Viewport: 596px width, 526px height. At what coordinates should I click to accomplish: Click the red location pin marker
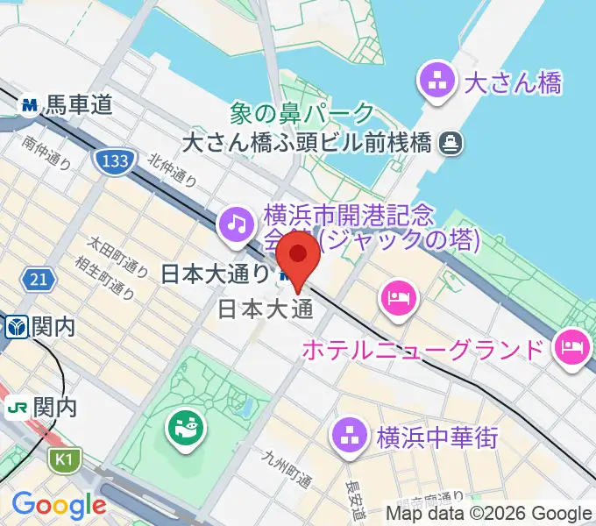(x=299, y=258)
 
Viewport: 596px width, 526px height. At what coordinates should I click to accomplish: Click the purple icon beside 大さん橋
(x=436, y=84)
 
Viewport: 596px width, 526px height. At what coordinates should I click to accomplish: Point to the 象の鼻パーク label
(x=302, y=113)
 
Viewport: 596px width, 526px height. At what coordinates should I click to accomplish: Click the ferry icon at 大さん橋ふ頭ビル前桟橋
(x=452, y=140)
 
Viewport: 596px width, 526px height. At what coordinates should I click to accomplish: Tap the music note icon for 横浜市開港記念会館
(x=234, y=223)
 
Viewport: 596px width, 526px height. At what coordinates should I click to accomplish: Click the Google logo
(x=59, y=504)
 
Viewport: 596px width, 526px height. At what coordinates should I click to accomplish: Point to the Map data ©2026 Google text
(x=489, y=514)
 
